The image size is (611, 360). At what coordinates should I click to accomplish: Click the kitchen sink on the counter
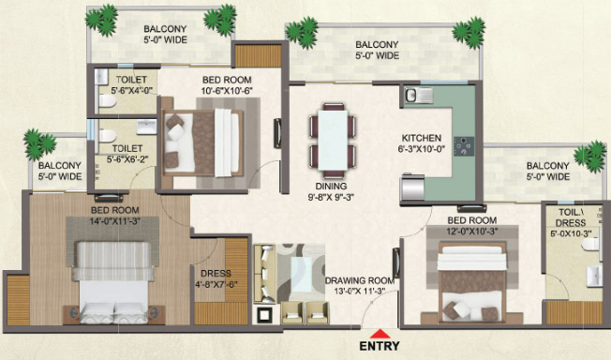416,95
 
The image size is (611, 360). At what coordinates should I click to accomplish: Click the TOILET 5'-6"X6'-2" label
128,153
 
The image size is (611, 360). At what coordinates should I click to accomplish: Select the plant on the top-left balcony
101,19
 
